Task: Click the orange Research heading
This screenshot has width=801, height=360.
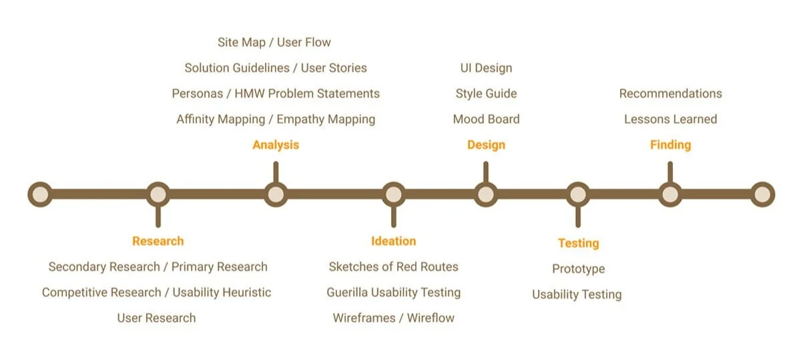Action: (x=158, y=241)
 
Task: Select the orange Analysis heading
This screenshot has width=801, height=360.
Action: (x=276, y=145)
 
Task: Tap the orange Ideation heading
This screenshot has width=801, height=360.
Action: (x=393, y=241)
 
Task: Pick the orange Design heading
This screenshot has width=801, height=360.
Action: (x=486, y=145)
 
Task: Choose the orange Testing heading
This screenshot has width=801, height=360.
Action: (x=578, y=243)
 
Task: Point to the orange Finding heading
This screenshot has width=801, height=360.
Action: (x=670, y=145)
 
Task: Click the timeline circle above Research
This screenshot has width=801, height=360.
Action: (x=158, y=194)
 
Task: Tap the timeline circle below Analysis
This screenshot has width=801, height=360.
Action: (x=276, y=194)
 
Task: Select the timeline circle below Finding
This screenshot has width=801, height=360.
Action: (x=670, y=194)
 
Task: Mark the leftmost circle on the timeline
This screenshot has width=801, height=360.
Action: (x=40, y=194)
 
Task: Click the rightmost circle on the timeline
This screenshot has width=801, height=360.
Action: (x=762, y=194)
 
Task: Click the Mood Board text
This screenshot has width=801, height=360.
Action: (x=486, y=120)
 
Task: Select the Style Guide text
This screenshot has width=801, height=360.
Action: (x=486, y=94)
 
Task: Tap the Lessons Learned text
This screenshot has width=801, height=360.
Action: (x=670, y=120)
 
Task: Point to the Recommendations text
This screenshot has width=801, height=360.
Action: (x=670, y=94)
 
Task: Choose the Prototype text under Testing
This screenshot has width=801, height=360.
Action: (x=578, y=269)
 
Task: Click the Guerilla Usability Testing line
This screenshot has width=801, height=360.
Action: (x=393, y=293)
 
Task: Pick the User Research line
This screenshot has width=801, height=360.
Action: (x=156, y=318)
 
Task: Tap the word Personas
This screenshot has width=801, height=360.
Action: (x=197, y=94)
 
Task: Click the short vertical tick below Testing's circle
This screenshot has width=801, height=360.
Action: (x=578, y=216)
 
